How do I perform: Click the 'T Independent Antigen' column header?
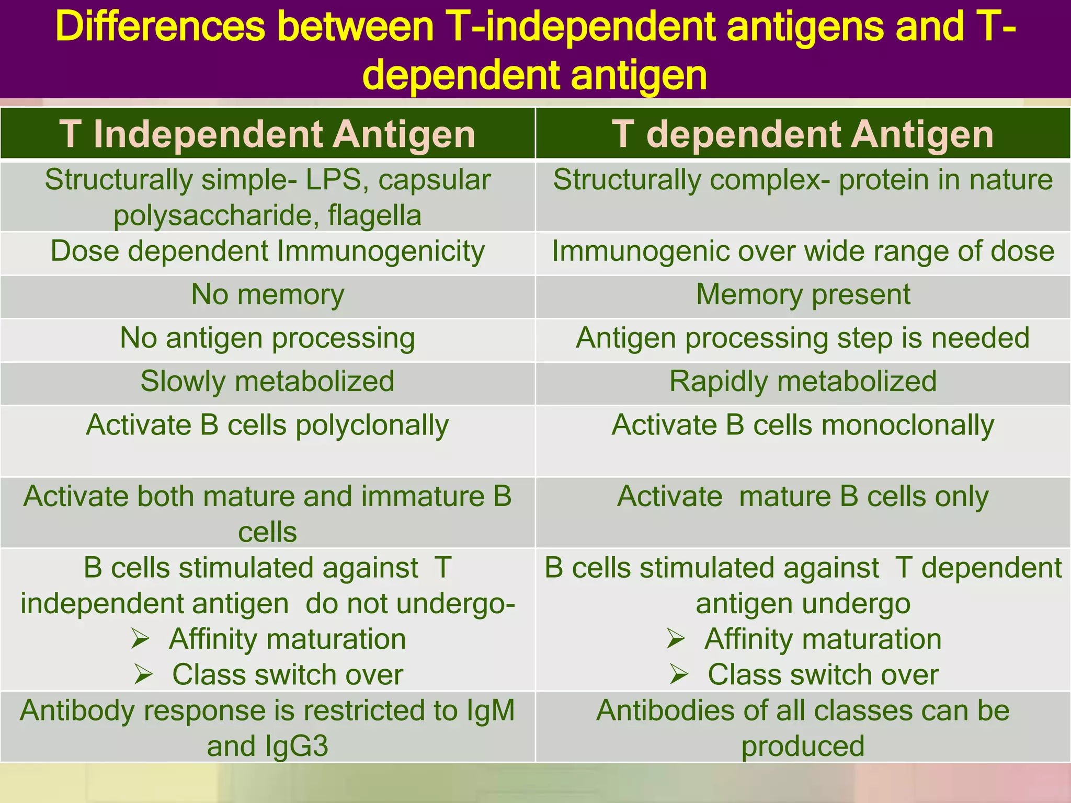(267, 134)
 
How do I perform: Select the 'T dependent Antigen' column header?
(803, 134)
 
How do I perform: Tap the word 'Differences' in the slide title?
(159, 27)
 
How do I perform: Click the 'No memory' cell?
(267, 294)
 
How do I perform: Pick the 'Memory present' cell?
(803, 294)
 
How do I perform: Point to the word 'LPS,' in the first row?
(338, 180)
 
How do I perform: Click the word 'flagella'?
(374, 215)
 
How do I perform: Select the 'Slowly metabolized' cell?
(267, 381)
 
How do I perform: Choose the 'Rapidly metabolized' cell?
(803, 381)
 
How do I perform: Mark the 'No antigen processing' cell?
(267, 338)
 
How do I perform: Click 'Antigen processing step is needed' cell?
(803, 338)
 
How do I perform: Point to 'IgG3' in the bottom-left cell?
(297, 746)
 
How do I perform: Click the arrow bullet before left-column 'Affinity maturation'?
(141, 639)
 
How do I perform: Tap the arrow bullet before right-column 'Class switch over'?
(679, 674)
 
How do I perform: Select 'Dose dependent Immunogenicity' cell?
(267, 251)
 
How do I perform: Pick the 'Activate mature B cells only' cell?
(803, 496)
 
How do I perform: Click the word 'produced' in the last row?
(803, 746)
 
